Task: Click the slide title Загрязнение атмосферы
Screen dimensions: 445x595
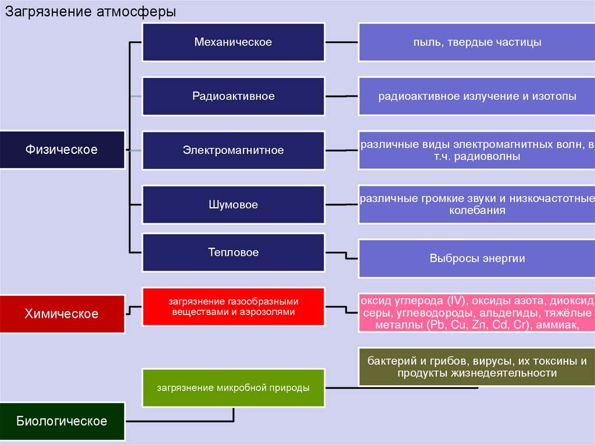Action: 91,12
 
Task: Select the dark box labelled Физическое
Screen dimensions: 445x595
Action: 62,150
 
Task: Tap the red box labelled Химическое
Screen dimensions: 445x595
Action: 62,314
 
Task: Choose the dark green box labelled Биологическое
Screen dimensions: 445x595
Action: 62,421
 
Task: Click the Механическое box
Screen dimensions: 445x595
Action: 233,42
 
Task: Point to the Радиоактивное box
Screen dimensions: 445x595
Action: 233,96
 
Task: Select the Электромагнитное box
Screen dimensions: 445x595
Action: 233,150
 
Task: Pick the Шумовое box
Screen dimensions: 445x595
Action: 233,205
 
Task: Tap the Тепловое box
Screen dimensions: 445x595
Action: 233,253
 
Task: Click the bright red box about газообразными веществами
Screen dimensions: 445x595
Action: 233,307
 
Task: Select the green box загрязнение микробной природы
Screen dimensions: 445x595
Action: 233,388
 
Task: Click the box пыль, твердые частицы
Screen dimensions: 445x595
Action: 476,42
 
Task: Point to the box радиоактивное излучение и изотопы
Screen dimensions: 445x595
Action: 476,96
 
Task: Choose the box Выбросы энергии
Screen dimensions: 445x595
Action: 476,259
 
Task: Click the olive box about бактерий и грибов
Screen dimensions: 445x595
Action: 476,367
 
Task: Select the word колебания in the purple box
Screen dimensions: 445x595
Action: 477,211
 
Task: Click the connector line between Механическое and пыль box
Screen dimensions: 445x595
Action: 342,42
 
